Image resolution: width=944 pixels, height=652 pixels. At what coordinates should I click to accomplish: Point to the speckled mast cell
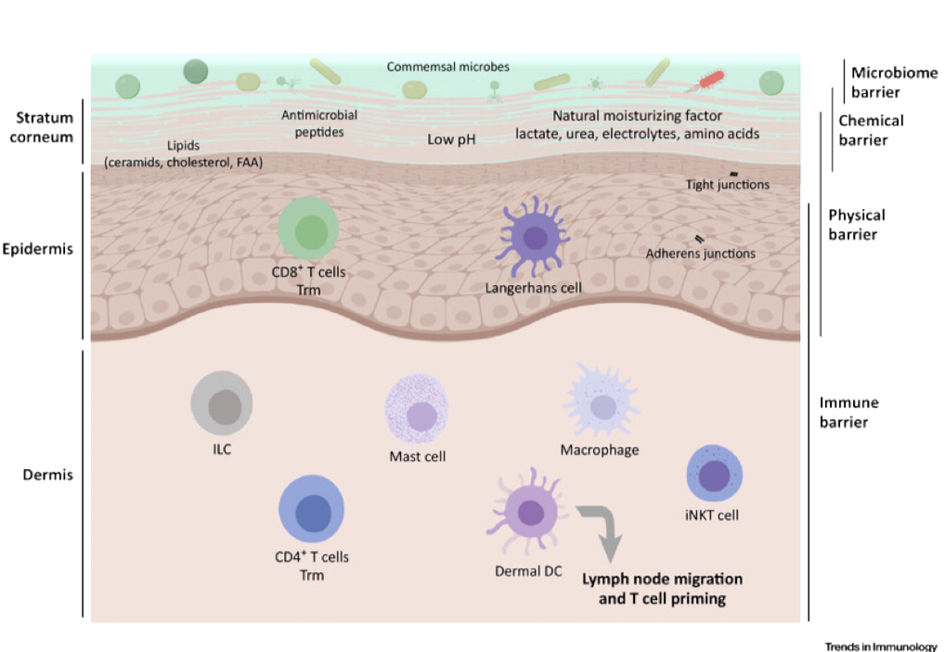coord(418,412)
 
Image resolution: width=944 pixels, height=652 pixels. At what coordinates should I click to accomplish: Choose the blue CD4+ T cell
coord(312,509)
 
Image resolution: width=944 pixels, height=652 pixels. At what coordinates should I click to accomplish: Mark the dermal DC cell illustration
coord(529,512)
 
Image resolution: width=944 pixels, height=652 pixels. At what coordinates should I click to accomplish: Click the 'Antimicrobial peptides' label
coord(319,124)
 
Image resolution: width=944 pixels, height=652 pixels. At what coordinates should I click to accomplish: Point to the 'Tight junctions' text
coord(727,185)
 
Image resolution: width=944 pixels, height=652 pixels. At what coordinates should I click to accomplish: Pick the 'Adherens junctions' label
coord(701,254)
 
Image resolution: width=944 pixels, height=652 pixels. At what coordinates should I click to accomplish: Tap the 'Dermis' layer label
coord(47,475)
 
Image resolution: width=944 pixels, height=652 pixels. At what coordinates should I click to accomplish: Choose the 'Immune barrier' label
coord(848,412)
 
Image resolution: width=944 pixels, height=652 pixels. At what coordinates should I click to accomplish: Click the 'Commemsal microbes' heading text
coord(447,67)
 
